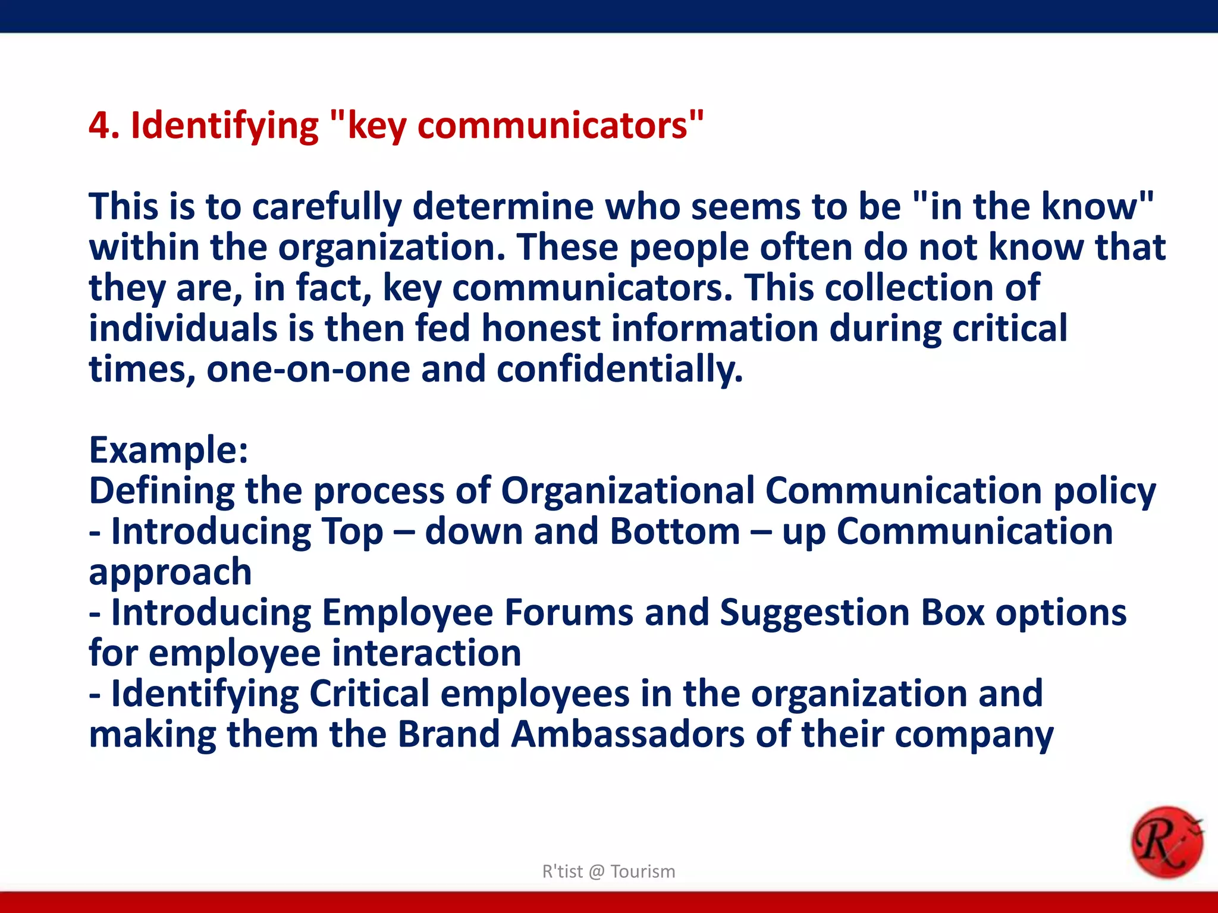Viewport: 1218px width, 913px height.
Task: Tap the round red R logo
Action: coord(1166,842)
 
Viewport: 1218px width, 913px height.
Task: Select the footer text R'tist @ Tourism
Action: coord(608,871)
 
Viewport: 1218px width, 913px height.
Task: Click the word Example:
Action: coord(168,450)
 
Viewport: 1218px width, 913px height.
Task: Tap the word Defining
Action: coord(161,492)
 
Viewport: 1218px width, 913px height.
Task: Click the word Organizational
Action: coord(627,492)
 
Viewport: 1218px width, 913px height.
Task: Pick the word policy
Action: coord(1104,492)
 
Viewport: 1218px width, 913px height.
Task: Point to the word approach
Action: coord(170,572)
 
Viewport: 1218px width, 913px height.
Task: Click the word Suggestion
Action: coord(814,613)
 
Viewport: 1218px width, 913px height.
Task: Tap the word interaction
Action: coord(426,653)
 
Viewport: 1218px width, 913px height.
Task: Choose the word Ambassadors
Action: coord(627,734)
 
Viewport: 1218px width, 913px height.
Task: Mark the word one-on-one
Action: coord(308,370)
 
